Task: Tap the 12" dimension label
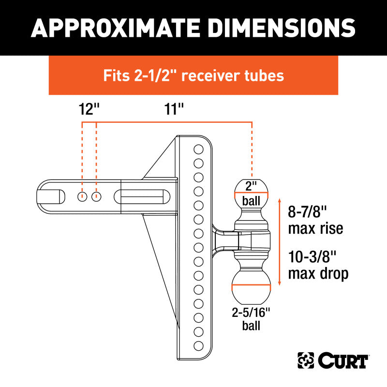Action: pyautogui.click(x=89, y=108)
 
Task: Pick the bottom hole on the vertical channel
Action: pyautogui.click(x=198, y=345)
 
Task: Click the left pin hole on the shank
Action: pyautogui.click(x=83, y=196)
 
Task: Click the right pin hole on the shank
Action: pyautogui.click(x=97, y=196)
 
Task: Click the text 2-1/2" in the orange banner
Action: pyautogui.click(x=154, y=75)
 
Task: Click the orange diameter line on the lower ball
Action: pyautogui.click(x=251, y=286)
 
